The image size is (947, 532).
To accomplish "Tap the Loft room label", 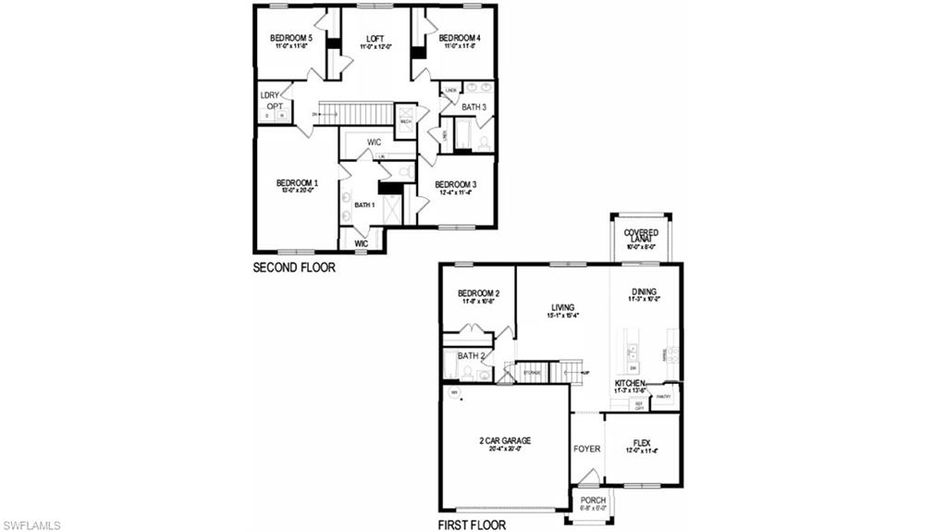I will (x=375, y=38).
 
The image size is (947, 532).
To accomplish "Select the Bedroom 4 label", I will (x=460, y=38).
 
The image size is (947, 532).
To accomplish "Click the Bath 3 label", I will (x=474, y=107).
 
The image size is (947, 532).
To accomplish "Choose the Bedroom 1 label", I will (x=297, y=183).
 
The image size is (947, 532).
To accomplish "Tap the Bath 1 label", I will (x=364, y=204).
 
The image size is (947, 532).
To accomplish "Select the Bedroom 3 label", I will (x=455, y=184).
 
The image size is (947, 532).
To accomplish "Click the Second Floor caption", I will (x=294, y=268).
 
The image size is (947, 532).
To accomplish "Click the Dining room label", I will (x=644, y=291).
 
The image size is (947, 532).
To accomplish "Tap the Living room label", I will (x=562, y=307).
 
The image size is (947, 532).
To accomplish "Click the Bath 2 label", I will (x=471, y=355).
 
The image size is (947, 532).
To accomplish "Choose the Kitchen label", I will (x=631, y=383).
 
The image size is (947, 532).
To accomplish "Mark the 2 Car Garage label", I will (x=505, y=440).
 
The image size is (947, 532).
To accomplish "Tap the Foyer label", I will (x=586, y=449).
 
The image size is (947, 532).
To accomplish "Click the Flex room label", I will (x=641, y=443).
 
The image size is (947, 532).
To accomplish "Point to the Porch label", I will (x=593, y=501).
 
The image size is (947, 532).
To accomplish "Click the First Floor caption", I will (x=472, y=525).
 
